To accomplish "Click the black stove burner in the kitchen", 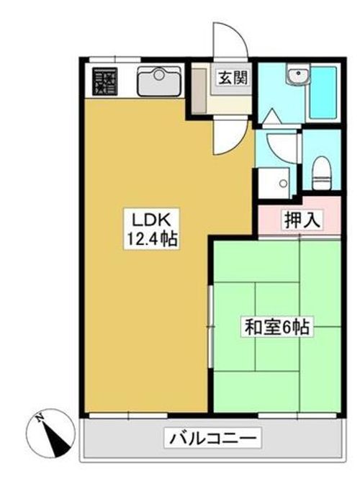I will pyautogui.click(x=105, y=81).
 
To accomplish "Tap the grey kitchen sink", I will pyautogui.click(x=157, y=81).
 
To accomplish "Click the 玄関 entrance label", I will pyautogui.click(x=230, y=77).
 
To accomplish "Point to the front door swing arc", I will pyautogui.click(x=230, y=40).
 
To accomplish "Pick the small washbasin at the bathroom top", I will pyautogui.click(x=294, y=76).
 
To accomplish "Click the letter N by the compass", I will pyautogui.click(x=40, y=416).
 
